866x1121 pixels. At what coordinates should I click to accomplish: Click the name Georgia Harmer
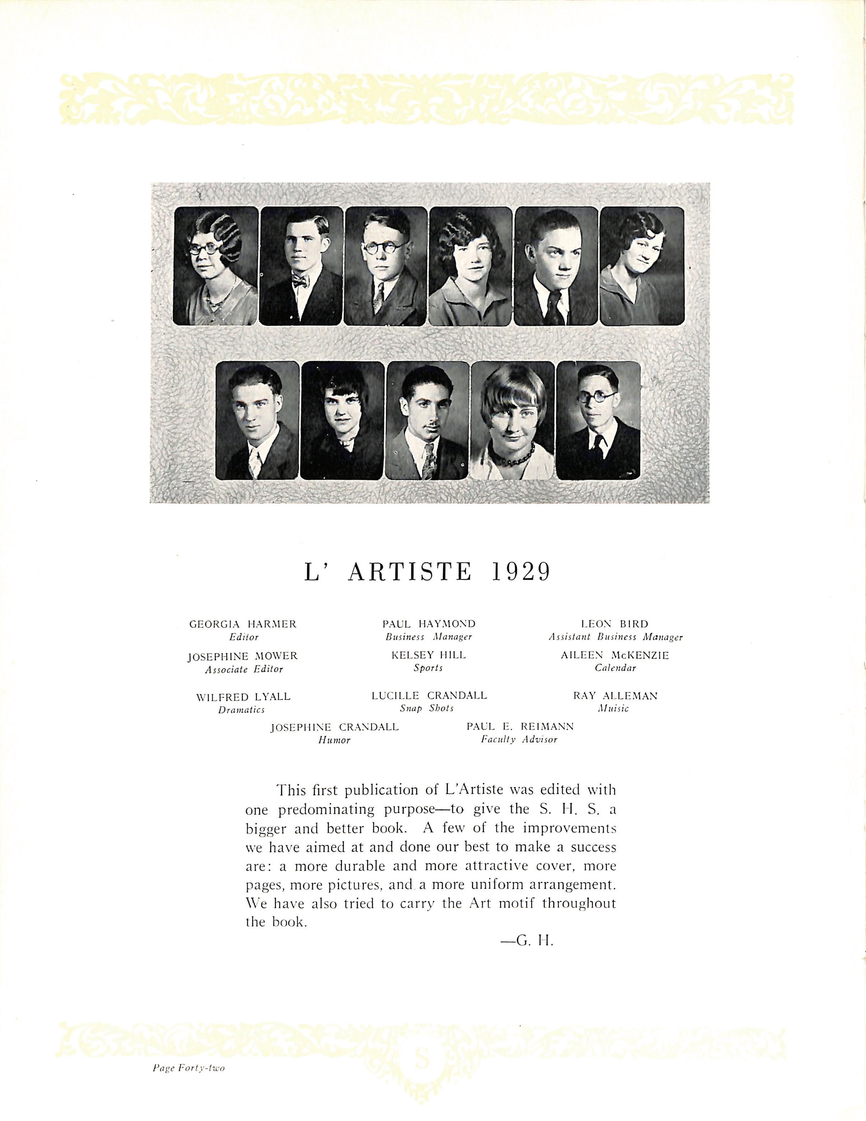pos(243,624)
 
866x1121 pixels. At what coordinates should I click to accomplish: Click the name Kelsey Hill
pos(429,655)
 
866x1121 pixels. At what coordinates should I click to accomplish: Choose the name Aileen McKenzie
pos(615,656)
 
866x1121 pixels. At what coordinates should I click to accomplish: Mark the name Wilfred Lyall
pos(243,697)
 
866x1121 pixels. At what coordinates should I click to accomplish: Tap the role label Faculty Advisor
pos(519,740)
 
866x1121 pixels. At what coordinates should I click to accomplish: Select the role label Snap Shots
pos(427,708)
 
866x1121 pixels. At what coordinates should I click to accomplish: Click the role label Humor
pos(334,740)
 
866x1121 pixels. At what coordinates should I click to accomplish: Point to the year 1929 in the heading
pos(521,571)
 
